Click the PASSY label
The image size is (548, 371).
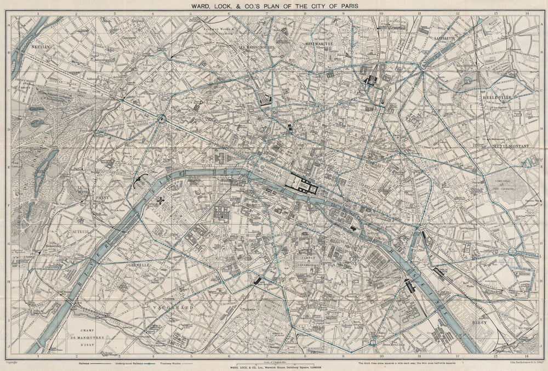pos(103,196)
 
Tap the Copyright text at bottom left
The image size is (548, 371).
pos(13,363)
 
